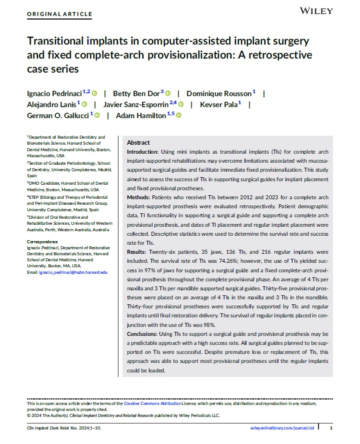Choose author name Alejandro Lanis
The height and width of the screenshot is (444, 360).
[x=50, y=104]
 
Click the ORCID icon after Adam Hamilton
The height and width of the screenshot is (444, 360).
[x=178, y=115]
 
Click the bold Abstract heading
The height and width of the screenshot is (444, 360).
[x=138, y=143]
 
